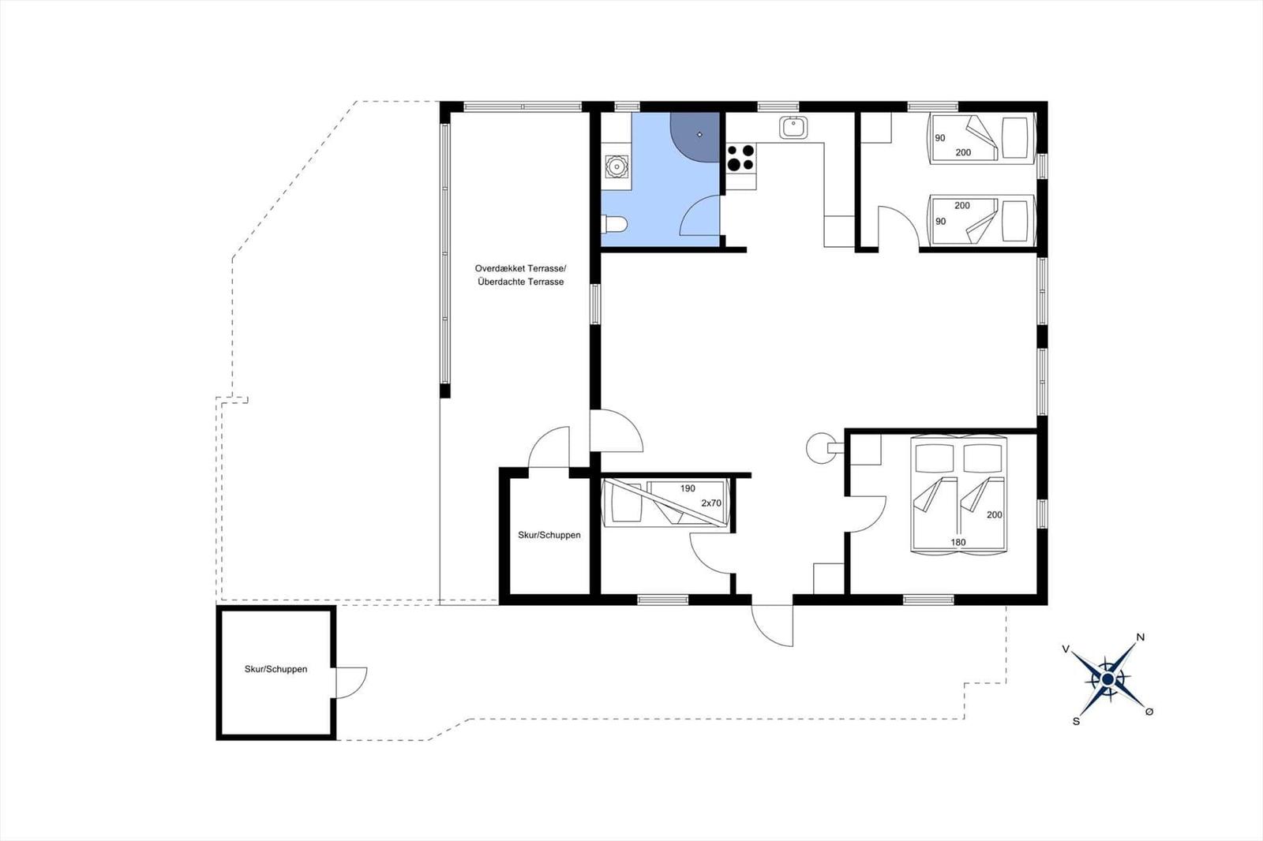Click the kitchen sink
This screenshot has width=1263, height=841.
(x=793, y=127)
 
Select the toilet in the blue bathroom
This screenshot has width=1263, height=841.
(x=614, y=224)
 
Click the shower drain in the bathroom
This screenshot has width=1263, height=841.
(x=699, y=135)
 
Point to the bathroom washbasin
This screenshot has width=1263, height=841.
(x=617, y=166)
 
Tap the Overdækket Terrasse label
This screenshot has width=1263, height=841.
(x=520, y=269)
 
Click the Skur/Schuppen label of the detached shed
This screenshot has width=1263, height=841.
(x=275, y=669)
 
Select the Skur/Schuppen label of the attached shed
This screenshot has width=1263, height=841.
(x=549, y=535)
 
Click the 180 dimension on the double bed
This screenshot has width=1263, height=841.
(x=958, y=542)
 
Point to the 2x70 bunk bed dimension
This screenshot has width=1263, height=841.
(x=711, y=503)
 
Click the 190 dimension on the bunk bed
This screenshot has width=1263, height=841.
(x=688, y=488)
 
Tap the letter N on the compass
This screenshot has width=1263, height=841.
(x=1140, y=637)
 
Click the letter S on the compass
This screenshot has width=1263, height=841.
(x=1076, y=721)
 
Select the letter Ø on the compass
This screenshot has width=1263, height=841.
(x=1149, y=712)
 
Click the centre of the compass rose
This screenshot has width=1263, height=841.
(x=1107, y=679)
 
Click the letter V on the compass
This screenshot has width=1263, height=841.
(x=1066, y=649)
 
